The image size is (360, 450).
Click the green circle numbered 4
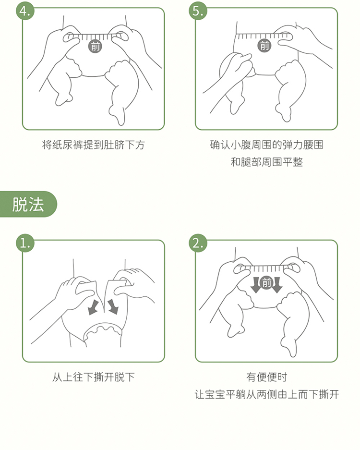25,11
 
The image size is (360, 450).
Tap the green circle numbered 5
198,11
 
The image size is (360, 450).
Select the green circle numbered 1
25,243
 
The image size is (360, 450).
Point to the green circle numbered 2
198,243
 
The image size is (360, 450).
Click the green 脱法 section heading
28,204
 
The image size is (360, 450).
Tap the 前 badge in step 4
95,46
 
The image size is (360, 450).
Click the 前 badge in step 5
264,45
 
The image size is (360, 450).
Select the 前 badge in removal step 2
266,283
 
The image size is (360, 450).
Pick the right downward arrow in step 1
113,306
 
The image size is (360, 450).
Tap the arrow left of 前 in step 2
255,285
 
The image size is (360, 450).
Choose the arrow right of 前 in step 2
277,285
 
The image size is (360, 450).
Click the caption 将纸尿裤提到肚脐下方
94,145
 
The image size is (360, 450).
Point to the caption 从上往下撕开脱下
94,377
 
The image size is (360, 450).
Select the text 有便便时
266,377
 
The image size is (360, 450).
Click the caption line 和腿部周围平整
266,162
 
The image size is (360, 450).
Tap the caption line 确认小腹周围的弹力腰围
266,145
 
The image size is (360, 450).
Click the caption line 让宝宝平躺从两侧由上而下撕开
267,394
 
